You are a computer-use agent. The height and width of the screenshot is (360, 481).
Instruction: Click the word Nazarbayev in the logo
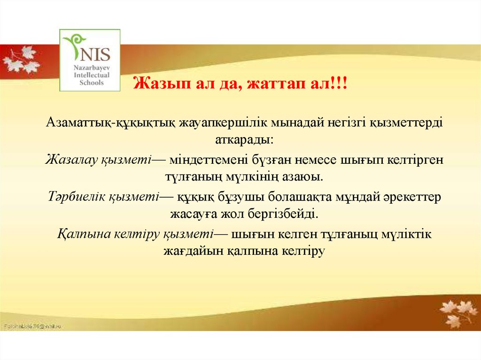click(x=92, y=68)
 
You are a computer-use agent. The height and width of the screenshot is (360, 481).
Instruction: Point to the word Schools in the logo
click(x=92, y=83)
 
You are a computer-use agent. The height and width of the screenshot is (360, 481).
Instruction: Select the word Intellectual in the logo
click(x=92, y=75)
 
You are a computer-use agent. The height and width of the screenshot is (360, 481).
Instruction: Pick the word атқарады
click(x=244, y=140)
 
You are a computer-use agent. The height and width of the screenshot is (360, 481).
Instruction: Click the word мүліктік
click(x=406, y=234)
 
